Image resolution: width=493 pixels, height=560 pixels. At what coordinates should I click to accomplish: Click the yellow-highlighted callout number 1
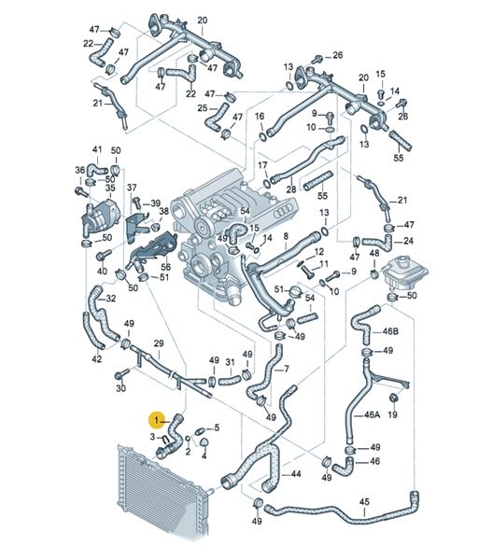point(156,420)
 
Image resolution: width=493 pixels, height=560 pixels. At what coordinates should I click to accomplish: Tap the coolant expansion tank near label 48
point(404,273)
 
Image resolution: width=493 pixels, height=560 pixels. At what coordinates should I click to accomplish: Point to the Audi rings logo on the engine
point(285,213)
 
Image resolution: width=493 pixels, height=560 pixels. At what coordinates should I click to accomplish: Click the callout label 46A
point(372,414)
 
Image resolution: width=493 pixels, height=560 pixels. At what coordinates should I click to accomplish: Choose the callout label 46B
point(390,331)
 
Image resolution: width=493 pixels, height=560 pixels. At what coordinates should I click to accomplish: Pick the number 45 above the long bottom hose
point(364,502)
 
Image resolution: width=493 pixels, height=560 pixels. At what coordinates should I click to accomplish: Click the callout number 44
point(296,474)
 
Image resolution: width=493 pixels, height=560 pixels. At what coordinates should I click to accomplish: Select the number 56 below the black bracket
point(166,266)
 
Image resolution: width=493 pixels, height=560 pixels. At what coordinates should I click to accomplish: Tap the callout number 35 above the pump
point(110,188)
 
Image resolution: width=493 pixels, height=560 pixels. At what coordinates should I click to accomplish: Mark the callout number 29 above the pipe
point(159,343)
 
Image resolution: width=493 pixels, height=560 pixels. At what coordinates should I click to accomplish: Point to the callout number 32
point(111,298)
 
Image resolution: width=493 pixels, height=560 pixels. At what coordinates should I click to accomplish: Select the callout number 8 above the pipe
point(286,236)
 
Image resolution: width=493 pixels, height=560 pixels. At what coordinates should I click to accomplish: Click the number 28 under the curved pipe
point(291,189)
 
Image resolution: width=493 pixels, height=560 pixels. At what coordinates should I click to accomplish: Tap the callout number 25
point(203,107)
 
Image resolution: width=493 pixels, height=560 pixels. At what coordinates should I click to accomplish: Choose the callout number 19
point(392,414)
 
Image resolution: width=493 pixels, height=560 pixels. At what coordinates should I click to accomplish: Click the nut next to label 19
point(392,398)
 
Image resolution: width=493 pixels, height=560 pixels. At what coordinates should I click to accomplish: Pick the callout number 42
point(97,358)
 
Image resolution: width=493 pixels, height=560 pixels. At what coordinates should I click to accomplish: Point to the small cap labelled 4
point(204,443)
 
